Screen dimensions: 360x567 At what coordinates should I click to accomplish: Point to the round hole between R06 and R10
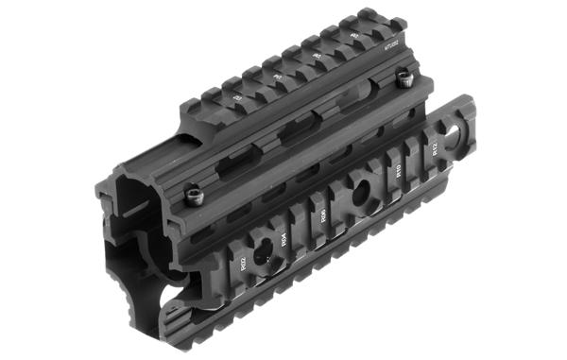pyautogui.click(x=361, y=197)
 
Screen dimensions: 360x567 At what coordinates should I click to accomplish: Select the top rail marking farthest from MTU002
pyautogui.click(x=236, y=97)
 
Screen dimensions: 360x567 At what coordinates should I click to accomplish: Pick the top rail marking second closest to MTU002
pyautogui.click(x=316, y=59)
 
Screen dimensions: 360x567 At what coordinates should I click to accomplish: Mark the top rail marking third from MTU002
pyautogui.click(x=277, y=77)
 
